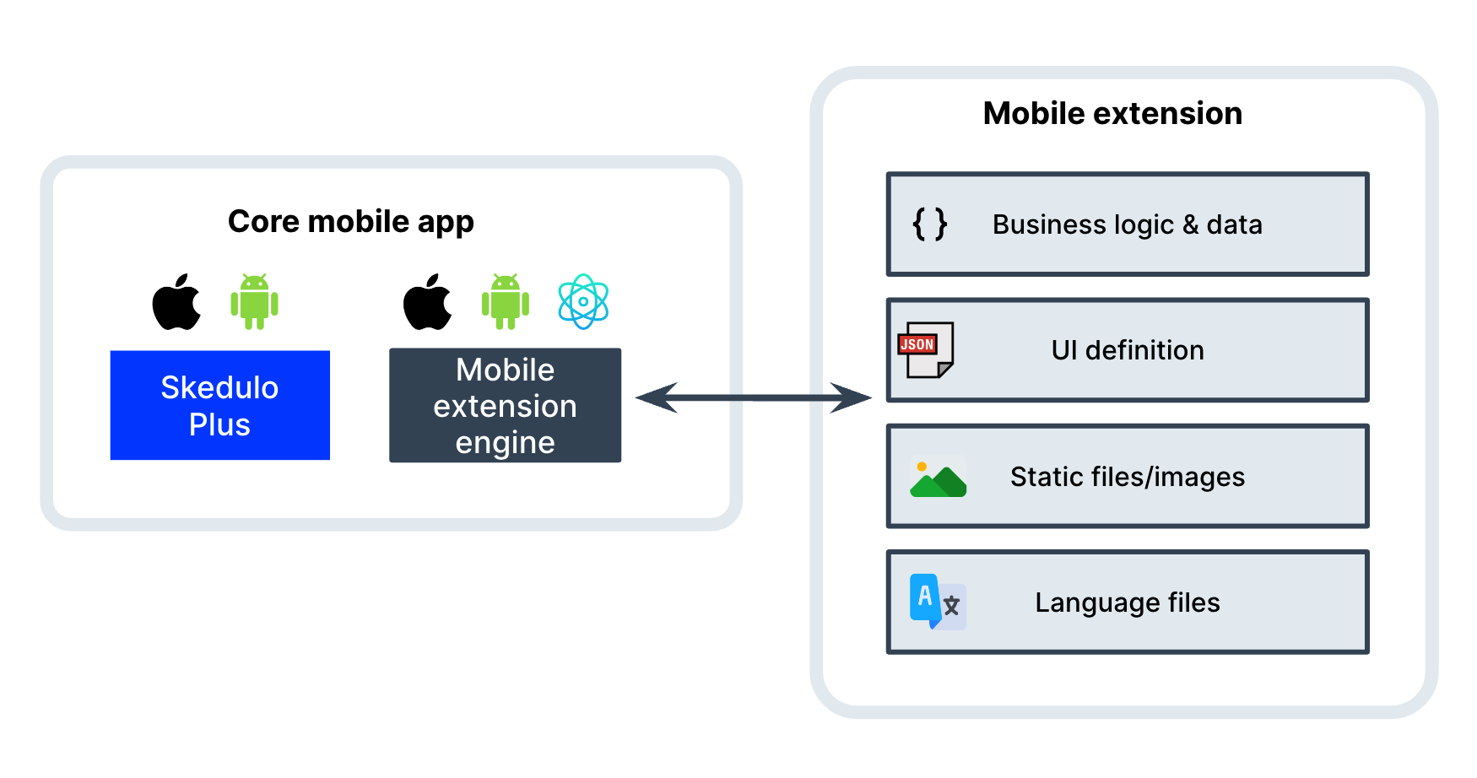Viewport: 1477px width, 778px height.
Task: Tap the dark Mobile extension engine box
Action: click(x=505, y=406)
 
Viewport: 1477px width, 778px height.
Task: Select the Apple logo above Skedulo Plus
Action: click(x=176, y=302)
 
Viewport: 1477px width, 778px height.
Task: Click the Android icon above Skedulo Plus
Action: click(x=254, y=301)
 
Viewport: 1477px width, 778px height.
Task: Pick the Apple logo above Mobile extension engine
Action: click(x=427, y=302)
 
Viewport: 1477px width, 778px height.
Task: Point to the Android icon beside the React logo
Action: click(x=505, y=301)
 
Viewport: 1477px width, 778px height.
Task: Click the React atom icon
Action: click(x=583, y=301)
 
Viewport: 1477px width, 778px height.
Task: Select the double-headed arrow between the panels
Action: click(x=753, y=397)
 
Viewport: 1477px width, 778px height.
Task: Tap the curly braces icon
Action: click(x=929, y=224)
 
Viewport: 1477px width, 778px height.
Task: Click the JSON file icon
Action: click(x=926, y=349)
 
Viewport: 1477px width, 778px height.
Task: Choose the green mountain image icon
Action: click(x=938, y=478)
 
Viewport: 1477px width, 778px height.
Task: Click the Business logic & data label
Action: click(x=1127, y=224)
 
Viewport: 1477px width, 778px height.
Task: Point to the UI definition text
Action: click(x=1128, y=350)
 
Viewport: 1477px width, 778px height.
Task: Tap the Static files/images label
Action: click(x=1127, y=477)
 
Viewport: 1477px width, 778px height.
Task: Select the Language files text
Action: click(x=1127, y=602)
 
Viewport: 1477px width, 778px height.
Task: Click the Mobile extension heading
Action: click(x=1112, y=113)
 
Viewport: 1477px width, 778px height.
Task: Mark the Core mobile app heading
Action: click(x=350, y=221)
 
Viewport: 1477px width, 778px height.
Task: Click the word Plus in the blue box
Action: click(x=219, y=424)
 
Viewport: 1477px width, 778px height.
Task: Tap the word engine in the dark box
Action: click(x=505, y=443)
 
